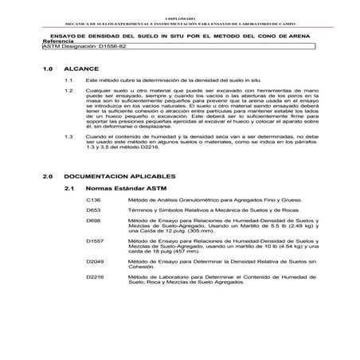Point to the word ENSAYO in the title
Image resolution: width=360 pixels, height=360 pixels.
point(64,35)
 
